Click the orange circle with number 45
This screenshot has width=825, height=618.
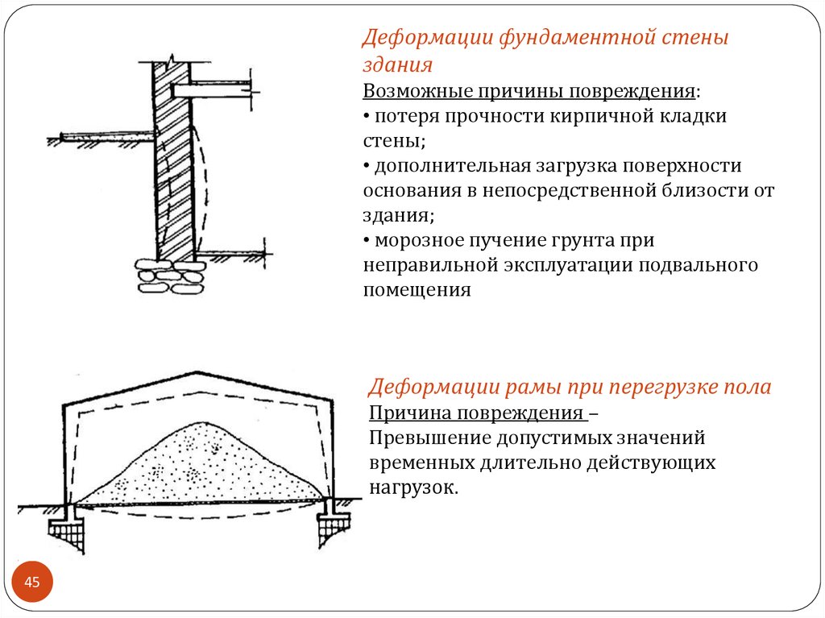point(32,583)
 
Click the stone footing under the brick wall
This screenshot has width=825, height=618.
point(170,276)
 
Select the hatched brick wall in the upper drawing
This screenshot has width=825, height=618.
point(174,161)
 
